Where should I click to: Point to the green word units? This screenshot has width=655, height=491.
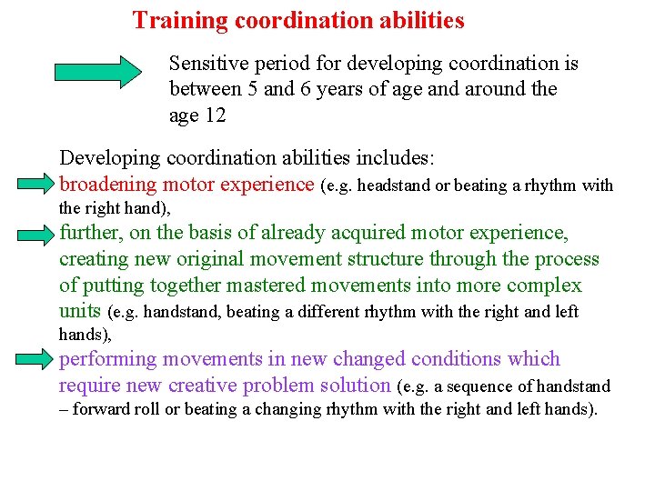[x=80, y=311]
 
